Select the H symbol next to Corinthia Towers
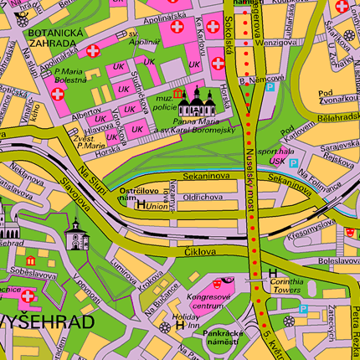[x=271, y=273]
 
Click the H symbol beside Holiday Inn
[x=179, y=326]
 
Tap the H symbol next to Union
[x=140, y=205]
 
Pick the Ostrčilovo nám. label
[x=140, y=193]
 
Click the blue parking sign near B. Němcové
[x=270, y=86]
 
